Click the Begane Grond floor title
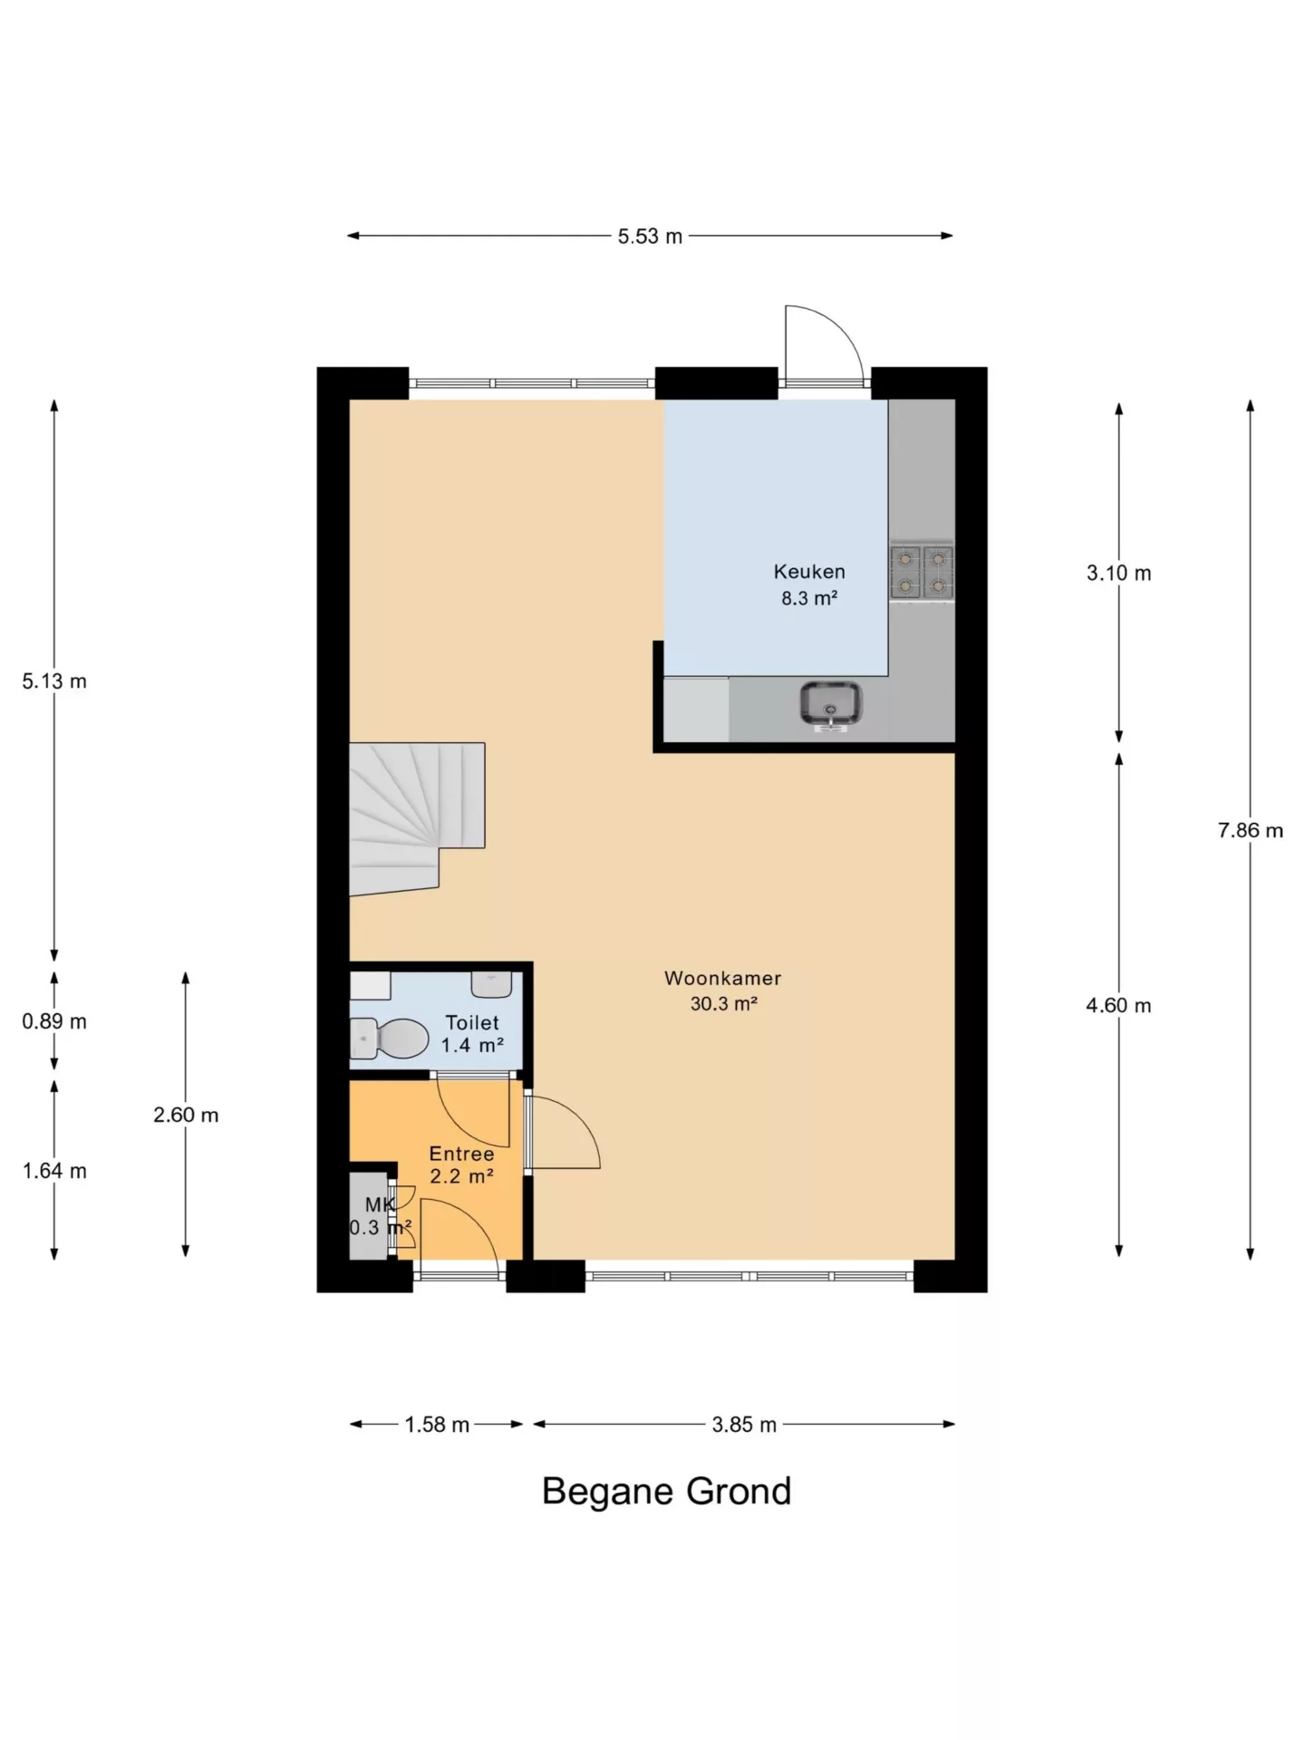(666, 1492)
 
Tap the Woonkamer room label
(722, 978)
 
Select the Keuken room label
(809, 572)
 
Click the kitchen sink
(830, 704)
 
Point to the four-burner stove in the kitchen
(922, 572)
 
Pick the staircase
(417, 818)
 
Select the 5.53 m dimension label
(650, 237)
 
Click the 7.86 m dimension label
(1250, 830)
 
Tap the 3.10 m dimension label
(1118, 573)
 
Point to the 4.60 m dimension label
(1118, 1005)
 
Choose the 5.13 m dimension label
(54, 681)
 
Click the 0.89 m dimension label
(54, 1021)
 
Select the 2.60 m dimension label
(186, 1115)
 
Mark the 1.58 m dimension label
(437, 1425)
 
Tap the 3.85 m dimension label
(744, 1425)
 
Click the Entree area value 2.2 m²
(461, 1176)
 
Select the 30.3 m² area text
(723, 1003)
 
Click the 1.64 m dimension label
(54, 1171)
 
